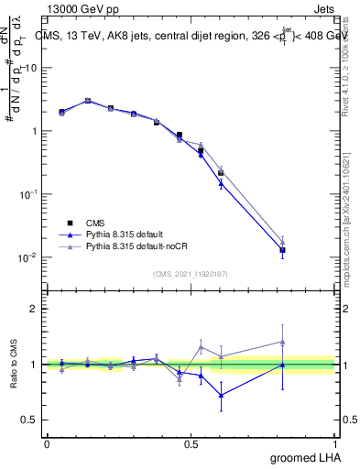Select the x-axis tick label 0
[x=47, y=444]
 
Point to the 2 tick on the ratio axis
[x=34, y=309]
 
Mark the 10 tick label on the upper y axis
[x=29, y=69]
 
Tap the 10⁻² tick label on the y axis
[x=27, y=257]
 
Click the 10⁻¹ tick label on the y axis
[x=27, y=194]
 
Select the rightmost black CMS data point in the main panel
[x=283, y=250]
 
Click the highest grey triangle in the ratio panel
[x=283, y=342]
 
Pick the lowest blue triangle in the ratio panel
[x=221, y=396]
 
